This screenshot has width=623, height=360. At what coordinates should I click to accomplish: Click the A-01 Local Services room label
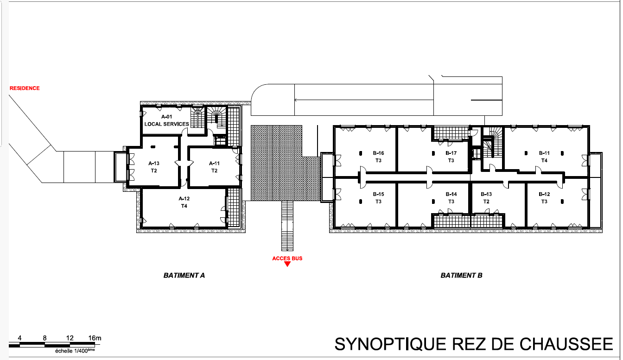(x=166, y=120)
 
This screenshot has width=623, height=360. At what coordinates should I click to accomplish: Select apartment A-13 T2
(x=154, y=167)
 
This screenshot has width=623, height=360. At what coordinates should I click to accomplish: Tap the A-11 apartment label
(x=214, y=167)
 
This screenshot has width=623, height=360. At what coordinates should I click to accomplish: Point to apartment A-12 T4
(x=184, y=202)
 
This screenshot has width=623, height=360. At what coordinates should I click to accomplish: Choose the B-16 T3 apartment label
(x=378, y=157)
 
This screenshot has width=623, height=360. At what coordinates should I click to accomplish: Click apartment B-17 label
(x=451, y=157)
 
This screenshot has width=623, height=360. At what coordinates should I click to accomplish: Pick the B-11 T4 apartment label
(x=544, y=157)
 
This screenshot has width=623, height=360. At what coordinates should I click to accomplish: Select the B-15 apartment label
(x=378, y=198)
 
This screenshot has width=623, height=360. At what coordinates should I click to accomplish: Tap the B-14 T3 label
(x=451, y=198)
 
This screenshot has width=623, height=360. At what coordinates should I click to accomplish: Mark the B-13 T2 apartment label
(x=486, y=198)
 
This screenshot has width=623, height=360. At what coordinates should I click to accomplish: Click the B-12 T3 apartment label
(x=544, y=198)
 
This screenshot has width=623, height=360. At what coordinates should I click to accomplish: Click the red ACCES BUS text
(x=287, y=258)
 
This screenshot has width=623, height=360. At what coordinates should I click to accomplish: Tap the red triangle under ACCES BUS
(x=287, y=264)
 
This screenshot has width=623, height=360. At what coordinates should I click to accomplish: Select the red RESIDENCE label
(x=25, y=88)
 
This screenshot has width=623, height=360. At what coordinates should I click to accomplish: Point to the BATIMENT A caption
(x=184, y=276)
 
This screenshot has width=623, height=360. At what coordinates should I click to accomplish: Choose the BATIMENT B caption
(x=461, y=276)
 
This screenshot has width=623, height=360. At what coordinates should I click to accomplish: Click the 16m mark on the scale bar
(x=95, y=338)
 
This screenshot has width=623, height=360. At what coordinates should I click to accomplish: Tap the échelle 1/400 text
(x=75, y=351)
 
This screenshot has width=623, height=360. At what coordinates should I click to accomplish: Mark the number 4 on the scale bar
(x=19, y=338)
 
